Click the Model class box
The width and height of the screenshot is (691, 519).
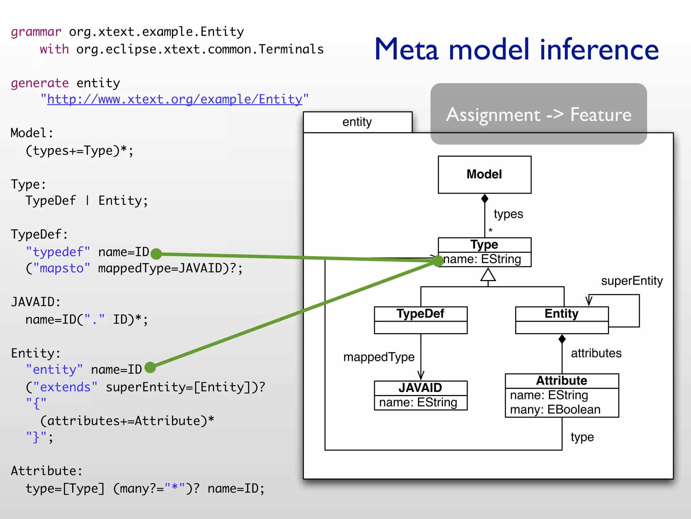(x=484, y=174)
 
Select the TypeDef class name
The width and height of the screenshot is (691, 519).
(x=420, y=314)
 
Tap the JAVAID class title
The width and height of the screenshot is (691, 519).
(x=420, y=388)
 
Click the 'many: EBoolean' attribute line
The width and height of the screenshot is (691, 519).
(x=555, y=410)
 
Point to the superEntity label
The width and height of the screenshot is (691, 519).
(x=632, y=281)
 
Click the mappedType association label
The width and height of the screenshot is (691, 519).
(x=379, y=357)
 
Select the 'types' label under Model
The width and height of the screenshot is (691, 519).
(x=508, y=214)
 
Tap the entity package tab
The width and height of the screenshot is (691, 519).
(x=357, y=122)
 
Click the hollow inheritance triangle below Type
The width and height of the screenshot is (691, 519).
(x=488, y=275)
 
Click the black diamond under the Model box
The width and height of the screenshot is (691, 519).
(x=485, y=199)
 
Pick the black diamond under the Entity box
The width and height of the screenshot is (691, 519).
(x=562, y=339)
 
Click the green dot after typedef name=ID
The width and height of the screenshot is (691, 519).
(x=156, y=254)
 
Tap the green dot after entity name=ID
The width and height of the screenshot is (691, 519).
(x=150, y=367)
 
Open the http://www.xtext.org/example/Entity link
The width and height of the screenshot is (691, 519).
(x=174, y=99)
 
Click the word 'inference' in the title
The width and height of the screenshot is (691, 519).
(x=599, y=50)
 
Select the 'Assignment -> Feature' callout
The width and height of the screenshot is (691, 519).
(x=538, y=114)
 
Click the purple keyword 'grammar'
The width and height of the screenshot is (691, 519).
(x=36, y=32)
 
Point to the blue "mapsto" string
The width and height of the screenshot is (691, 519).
(x=61, y=268)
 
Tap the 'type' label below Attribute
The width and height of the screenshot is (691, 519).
(x=582, y=437)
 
